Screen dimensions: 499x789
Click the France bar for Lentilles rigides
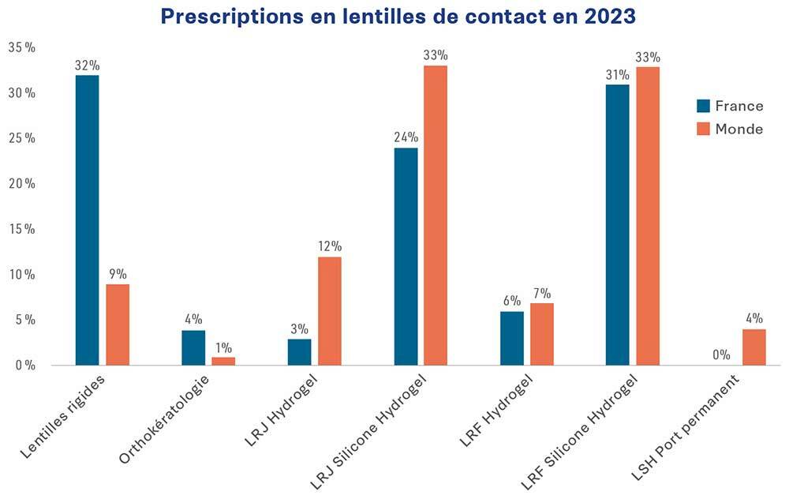point(87,220)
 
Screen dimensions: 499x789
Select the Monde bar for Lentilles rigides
point(117,325)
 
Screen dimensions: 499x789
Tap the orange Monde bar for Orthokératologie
point(223,361)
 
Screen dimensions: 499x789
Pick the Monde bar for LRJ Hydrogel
point(330,311)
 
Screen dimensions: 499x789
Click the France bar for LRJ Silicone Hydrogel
point(406,257)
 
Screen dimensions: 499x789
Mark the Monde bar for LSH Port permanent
point(753,347)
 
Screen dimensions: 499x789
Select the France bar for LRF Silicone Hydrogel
point(618,225)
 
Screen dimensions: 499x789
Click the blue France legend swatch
point(704,106)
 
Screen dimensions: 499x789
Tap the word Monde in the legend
point(739,129)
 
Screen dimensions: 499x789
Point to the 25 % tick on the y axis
point(22,138)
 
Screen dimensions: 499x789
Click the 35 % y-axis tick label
point(22,47)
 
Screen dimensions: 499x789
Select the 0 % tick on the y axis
point(25,366)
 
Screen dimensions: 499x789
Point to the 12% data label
point(330,246)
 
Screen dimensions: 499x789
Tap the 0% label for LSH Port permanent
point(721,355)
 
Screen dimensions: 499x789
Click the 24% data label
point(406,137)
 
